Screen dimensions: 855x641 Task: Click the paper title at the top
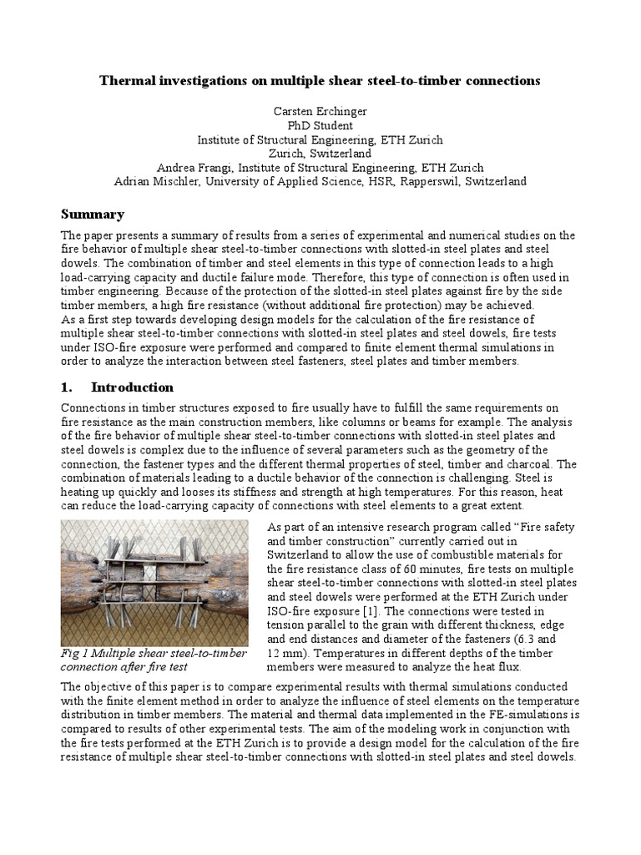(320, 81)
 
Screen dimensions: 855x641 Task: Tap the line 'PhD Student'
(320, 124)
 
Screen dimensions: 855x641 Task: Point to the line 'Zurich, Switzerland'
(320, 154)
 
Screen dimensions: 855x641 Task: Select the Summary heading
(93, 214)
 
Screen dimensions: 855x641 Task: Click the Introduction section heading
(132, 387)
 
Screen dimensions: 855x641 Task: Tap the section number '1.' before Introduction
(68, 387)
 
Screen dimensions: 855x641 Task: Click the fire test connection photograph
(155, 583)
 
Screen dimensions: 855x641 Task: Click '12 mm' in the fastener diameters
(284, 653)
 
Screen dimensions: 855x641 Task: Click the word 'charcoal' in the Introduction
(528, 463)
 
